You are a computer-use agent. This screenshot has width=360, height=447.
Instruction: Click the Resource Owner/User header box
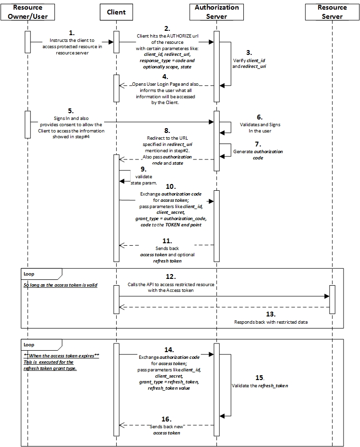pyautogui.click(x=27, y=12)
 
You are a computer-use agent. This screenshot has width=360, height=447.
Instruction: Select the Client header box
pyautogui.click(x=116, y=12)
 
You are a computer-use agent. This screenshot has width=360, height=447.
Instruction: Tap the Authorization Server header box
pyautogui.click(x=216, y=12)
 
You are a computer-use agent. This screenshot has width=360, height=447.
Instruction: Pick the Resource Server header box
pyautogui.click(x=332, y=12)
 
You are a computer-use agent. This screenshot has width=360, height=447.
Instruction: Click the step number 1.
pyautogui.click(x=72, y=33)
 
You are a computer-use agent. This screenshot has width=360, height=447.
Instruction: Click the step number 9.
pyautogui.click(x=143, y=169)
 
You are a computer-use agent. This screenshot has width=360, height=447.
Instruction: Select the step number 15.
pyautogui.click(x=260, y=378)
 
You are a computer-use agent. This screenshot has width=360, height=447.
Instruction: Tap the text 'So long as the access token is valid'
pyautogui.click(x=60, y=285)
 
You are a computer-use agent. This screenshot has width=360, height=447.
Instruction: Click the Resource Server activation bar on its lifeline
pyautogui.click(x=332, y=299)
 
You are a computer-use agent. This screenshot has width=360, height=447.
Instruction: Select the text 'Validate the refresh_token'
pyautogui.click(x=267, y=386)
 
